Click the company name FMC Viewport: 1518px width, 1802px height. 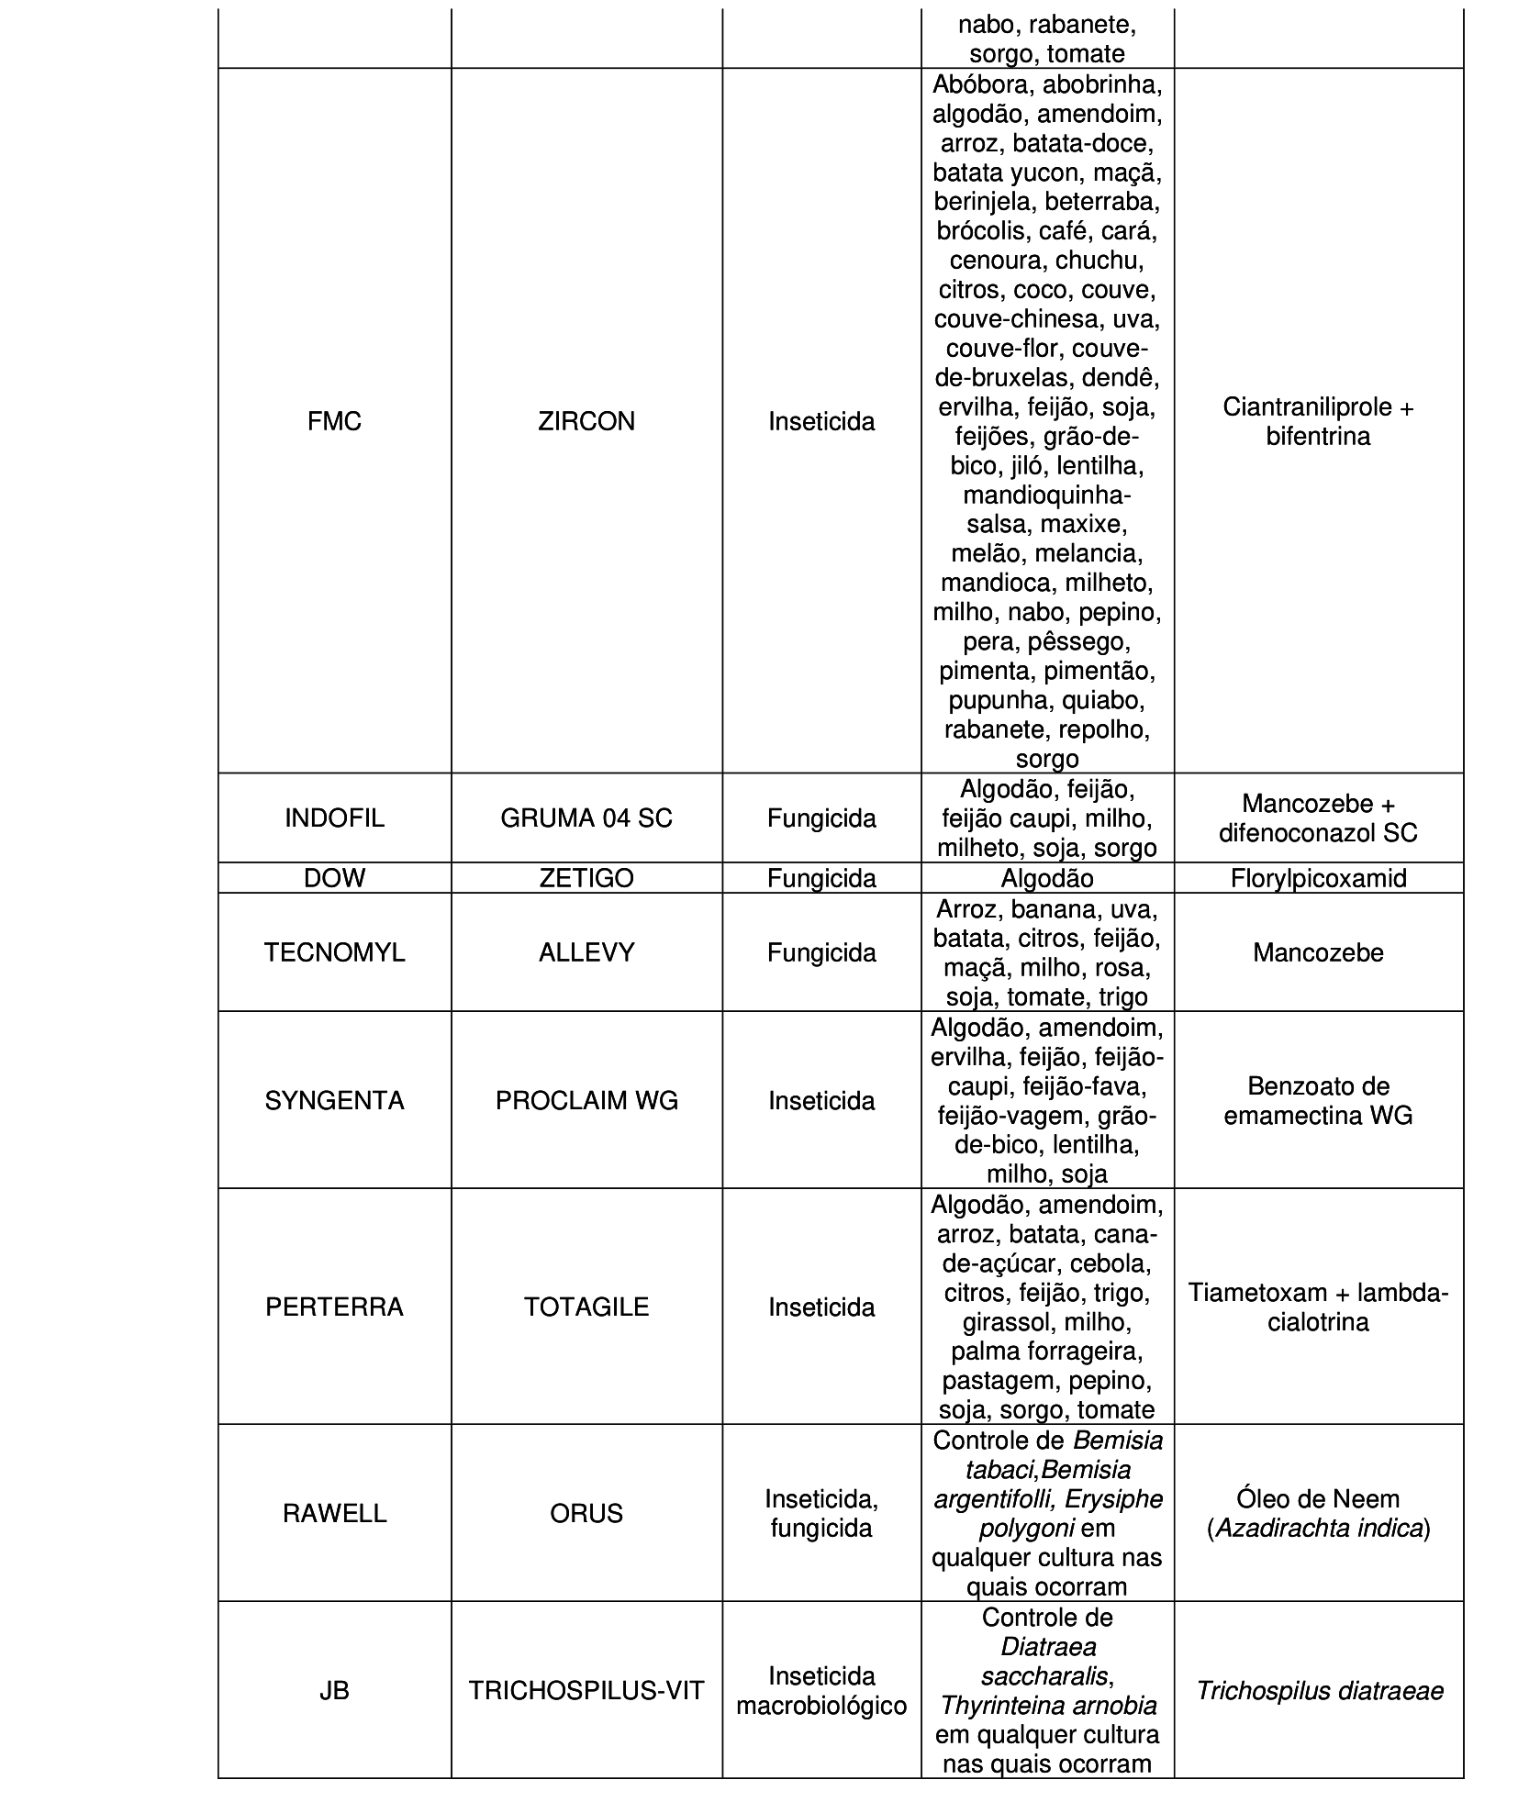click(334, 421)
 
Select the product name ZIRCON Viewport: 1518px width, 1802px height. click(586, 421)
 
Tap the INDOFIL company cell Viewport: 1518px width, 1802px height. click(334, 818)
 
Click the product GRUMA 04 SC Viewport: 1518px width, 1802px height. click(586, 818)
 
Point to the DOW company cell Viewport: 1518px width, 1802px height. click(334, 878)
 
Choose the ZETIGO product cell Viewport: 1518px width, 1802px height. click(586, 878)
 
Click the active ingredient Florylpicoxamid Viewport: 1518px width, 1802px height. click(1318, 878)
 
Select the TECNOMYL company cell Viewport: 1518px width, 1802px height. click(334, 952)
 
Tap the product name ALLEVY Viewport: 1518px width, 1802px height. click(586, 952)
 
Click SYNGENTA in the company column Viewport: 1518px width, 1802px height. click(334, 1100)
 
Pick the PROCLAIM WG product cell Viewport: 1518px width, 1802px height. click(586, 1100)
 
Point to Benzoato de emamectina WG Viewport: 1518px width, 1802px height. click(1318, 1100)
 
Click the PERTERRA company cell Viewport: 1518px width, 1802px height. click(334, 1307)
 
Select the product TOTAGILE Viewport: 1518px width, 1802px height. click(586, 1307)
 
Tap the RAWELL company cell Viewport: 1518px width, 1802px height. click(334, 1513)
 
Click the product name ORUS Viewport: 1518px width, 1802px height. click(586, 1513)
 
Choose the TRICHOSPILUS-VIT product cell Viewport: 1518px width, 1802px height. click(586, 1690)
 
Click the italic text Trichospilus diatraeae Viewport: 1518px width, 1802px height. click(1318, 1690)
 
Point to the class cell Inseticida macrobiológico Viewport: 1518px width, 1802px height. click(821, 1690)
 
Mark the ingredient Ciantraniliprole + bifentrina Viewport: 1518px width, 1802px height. click(1318, 421)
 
